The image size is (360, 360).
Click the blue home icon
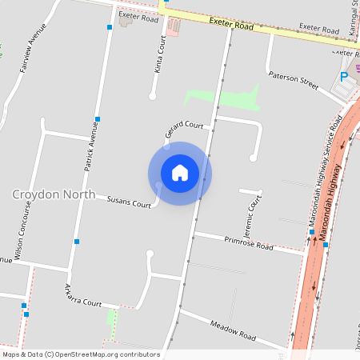click(x=180, y=173)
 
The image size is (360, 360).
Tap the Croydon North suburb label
click(x=54, y=194)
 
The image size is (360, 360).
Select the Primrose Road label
click(x=248, y=243)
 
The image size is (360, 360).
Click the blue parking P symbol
click(x=344, y=77)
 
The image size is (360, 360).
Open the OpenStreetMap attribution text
click(x=80, y=354)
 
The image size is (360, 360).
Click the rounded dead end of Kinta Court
click(x=152, y=97)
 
